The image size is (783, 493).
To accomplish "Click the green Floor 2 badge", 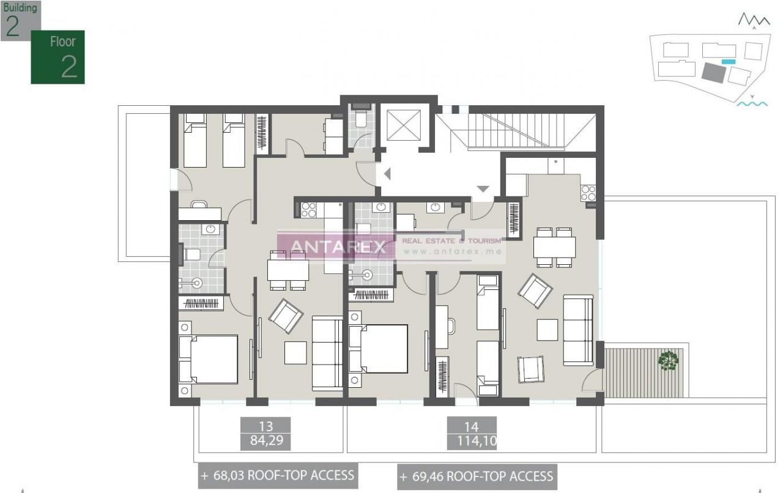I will point(58,57).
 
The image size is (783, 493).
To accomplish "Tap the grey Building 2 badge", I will point(20,20).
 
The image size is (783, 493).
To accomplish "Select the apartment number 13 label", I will point(265,426).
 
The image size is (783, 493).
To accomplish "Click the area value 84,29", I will point(265,440).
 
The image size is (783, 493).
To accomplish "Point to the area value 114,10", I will point(471,440).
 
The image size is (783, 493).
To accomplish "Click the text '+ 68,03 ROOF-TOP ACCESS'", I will point(277,475).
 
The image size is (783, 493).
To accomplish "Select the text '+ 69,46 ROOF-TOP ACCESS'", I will point(477,476).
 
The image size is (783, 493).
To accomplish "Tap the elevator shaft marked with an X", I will point(401,125).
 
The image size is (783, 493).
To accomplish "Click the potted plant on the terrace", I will point(668,360).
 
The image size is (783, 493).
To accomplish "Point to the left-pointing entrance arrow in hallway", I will point(387,174).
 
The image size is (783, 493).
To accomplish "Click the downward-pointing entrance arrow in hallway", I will point(483,189).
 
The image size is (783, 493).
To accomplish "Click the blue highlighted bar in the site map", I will point(728,61).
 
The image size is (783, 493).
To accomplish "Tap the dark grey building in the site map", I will point(713,73).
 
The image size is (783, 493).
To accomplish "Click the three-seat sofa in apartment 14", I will point(578,330).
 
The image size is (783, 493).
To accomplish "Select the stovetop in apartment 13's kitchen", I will point(308,209).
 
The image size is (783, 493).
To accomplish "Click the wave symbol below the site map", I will point(751,103).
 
